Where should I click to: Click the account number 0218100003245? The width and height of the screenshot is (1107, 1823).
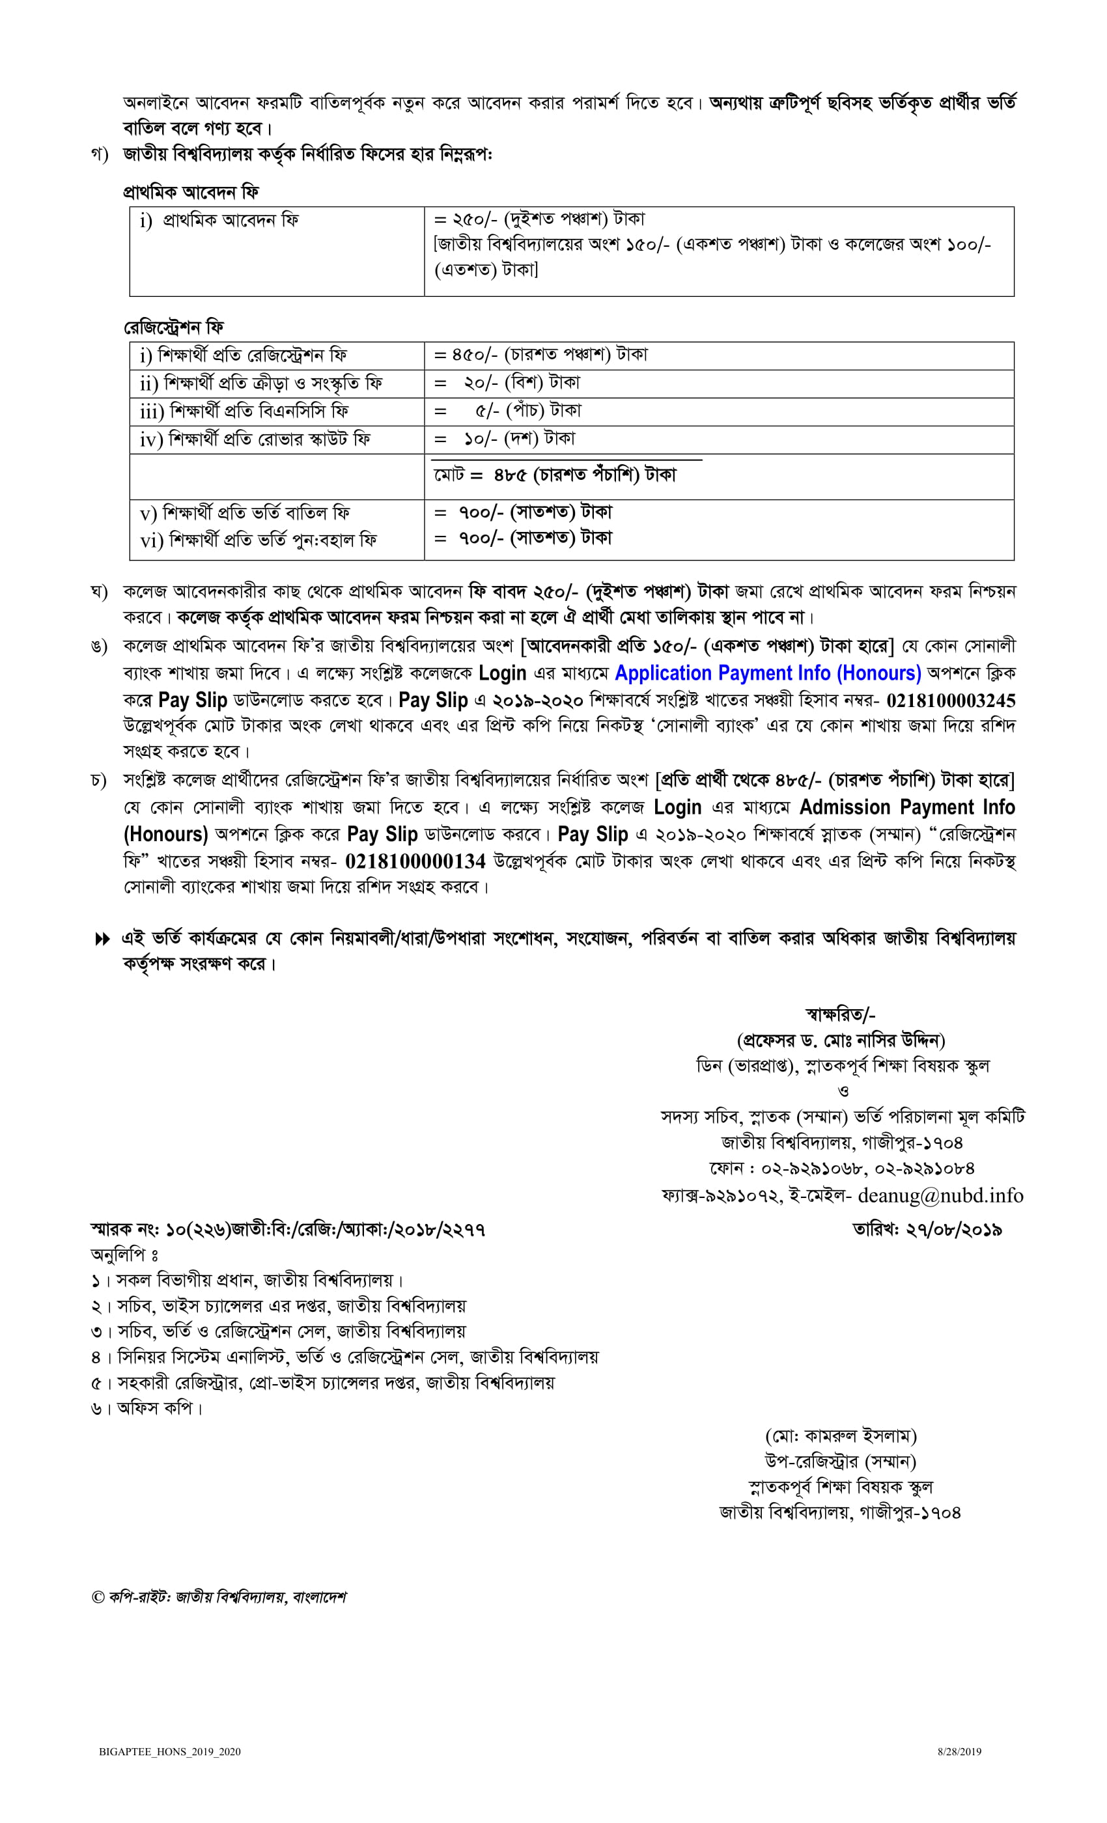[950, 700]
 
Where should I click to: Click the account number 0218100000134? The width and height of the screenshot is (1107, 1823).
[415, 861]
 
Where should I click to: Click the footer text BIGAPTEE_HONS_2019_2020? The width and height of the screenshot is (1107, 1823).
[169, 1751]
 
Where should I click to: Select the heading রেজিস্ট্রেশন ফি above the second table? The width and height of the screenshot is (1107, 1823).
[173, 327]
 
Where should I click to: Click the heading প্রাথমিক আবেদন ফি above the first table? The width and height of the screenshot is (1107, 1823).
[191, 192]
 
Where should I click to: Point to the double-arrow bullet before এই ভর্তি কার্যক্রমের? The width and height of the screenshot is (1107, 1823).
[102, 939]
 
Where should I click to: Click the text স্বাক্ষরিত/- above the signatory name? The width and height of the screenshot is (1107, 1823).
[841, 1014]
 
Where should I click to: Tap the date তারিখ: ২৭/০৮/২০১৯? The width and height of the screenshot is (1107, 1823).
[927, 1230]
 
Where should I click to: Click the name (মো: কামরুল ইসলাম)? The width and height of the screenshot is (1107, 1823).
[841, 1436]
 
